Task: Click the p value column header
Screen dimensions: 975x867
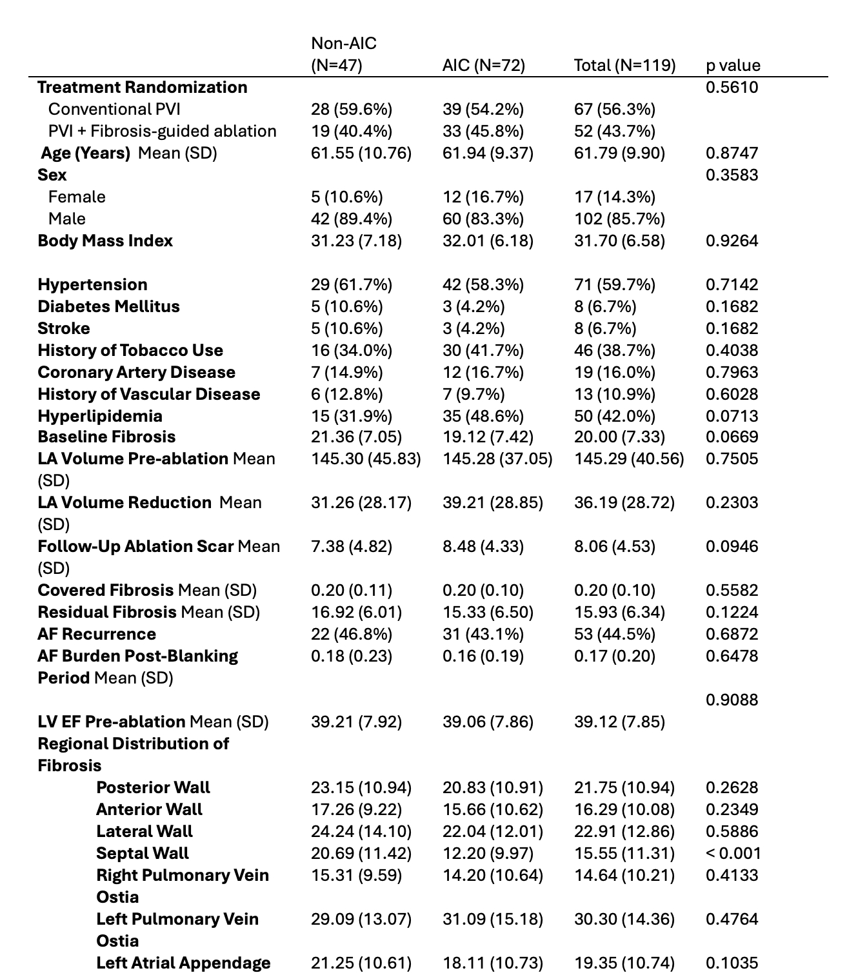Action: point(733,65)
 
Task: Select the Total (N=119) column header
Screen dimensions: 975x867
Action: point(624,65)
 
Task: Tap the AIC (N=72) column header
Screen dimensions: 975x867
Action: point(483,65)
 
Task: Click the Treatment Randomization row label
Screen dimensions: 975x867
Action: point(142,87)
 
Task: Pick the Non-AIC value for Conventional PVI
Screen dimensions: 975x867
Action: point(351,109)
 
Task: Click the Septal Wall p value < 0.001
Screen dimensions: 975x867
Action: point(733,853)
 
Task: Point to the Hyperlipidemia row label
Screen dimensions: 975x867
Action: point(100,416)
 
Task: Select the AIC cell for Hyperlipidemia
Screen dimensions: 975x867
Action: point(483,416)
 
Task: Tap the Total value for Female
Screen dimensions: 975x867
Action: point(614,197)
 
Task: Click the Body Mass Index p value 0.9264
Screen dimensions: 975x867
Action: point(732,241)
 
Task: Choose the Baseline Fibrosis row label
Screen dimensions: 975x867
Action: point(106,437)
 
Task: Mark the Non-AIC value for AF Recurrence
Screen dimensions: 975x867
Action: point(351,634)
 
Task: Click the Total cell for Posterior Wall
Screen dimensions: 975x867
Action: point(624,787)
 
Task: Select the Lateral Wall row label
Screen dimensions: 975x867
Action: point(144,831)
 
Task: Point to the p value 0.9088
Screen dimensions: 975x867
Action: point(732,700)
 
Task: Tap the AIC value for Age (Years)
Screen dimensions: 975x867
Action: point(488,153)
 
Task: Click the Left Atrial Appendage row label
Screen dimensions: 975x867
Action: point(183,963)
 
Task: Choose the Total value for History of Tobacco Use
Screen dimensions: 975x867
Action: point(614,350)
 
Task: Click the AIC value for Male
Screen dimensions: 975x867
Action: point(483,219)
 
